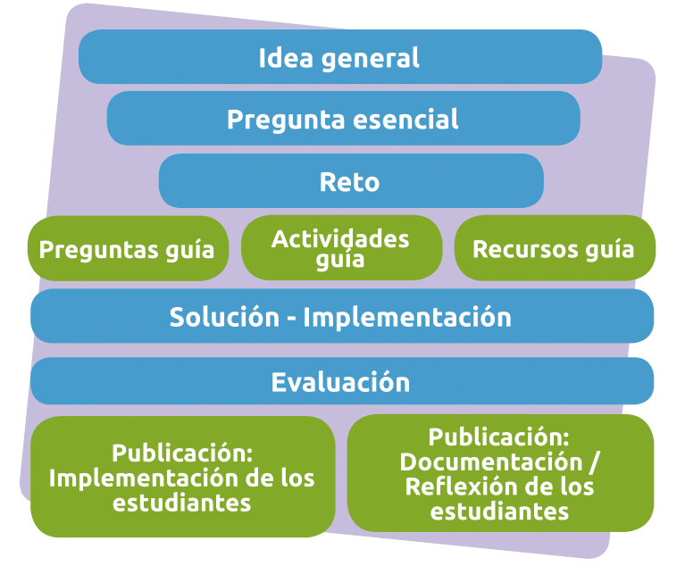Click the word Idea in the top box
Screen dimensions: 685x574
[x=286, y=58]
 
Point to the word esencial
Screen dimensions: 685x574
[x=405, y=119]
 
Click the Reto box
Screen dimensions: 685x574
[x=351, y=180]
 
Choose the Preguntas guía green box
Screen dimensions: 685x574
[x=128, y=248]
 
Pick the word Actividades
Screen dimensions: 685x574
[x=340, y=238]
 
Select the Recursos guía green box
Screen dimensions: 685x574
[x=555, y=247]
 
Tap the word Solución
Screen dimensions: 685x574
[x=224, y=317]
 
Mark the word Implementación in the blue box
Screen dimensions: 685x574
[x=407, y=317]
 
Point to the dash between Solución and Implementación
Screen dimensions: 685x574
[x=291, y=320]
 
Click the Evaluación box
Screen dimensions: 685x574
[x=342, y=380]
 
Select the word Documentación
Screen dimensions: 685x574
[x=491, y=462]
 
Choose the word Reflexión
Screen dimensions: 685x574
[x=460, y=487]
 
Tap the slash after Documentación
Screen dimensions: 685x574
[x=594, y=462]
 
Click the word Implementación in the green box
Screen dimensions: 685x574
[x=143, y=478]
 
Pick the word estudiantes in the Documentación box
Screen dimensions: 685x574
[x=499, y=512]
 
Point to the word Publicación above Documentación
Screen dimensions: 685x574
[x=498, y=437]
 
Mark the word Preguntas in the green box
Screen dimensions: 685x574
[x=98, y=250]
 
